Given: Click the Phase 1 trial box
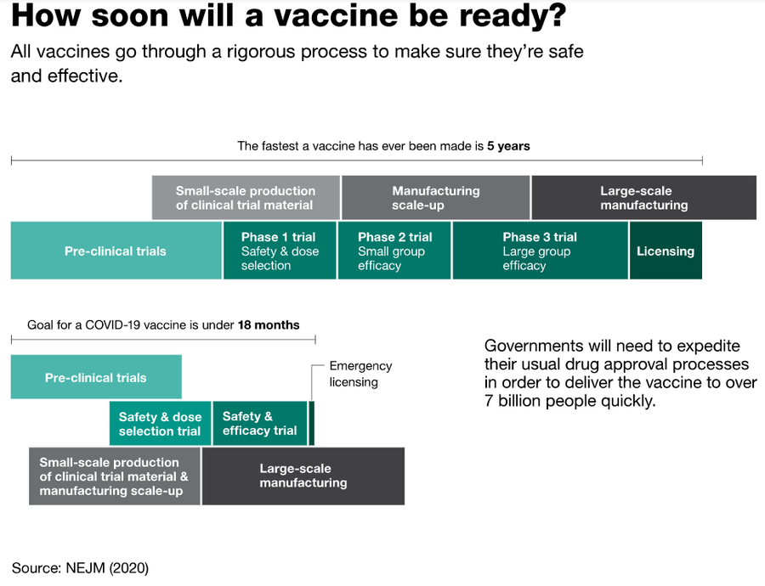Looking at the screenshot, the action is (280, 251).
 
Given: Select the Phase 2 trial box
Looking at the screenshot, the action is (394, 251).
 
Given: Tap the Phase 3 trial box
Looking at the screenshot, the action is (541, 251).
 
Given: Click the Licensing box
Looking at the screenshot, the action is (666, 251).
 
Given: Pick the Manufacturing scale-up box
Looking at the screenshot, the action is (436, 197).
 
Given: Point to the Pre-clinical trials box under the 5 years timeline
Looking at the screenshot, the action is (116, 251).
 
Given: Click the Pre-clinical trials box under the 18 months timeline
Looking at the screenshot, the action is (96, 377).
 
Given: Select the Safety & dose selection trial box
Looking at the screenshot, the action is (160, 423).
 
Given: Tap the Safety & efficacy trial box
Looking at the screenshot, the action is (260, 423).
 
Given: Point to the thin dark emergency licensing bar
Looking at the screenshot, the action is (312, 423).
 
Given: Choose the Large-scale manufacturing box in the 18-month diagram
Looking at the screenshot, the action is (303, 476).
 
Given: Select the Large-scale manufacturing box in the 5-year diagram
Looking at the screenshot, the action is (644, 197).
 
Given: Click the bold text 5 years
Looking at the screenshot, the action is (508, 146).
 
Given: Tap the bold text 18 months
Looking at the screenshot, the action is (269, 325).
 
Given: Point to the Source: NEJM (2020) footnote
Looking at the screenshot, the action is (80, 568).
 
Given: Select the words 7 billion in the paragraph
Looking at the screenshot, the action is (513, 401).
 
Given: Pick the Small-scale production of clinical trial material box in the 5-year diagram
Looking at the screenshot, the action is (246, 197).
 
